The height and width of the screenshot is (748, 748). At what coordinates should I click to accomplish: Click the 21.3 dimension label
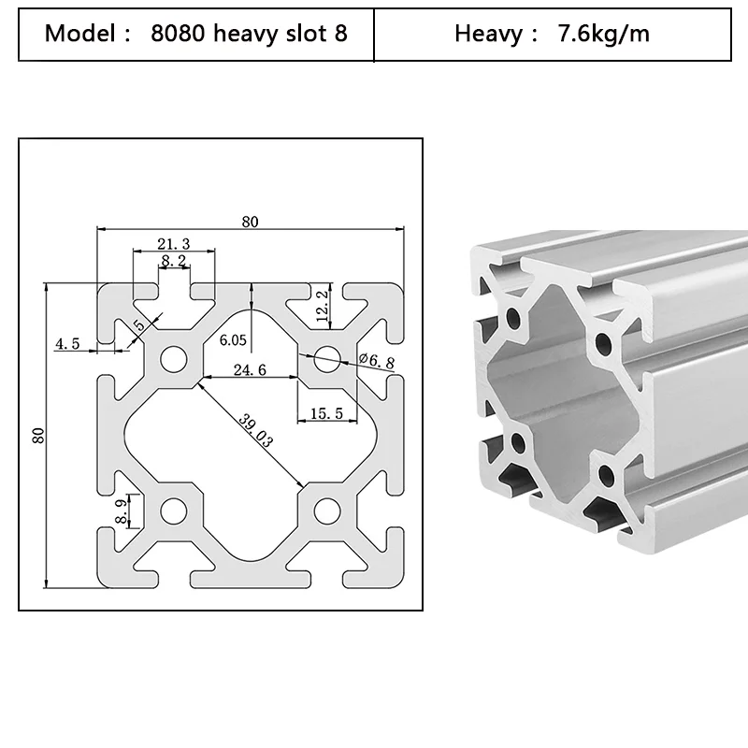click(x=174, y=244)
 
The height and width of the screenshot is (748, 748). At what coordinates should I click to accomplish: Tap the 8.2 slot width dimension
click(x=174, y=261)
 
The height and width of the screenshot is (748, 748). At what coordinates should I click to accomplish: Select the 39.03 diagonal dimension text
click(x=255, y=431)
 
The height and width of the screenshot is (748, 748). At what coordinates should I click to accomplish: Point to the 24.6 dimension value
click(x=250, y=369)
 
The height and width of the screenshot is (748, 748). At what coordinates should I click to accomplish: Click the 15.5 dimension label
click(x=326, y=413)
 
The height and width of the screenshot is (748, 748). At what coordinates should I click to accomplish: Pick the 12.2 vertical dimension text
click(x=323, y=306)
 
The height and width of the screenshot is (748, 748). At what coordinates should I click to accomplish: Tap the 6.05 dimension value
click(x=233, y=340)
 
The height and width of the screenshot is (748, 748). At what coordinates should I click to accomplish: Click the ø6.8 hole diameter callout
click(x=377, y=361)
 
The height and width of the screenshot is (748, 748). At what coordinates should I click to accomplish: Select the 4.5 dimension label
click(x=67, y=343)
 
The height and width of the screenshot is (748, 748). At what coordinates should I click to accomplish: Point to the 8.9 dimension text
click(x=122, y=511)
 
